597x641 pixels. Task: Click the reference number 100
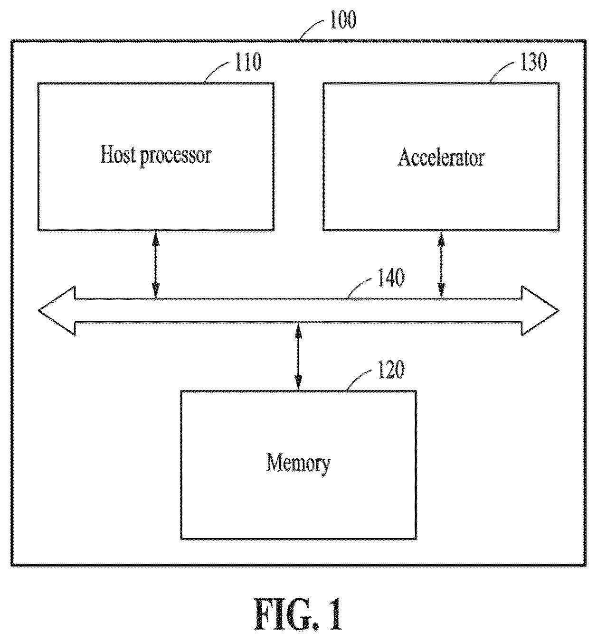coord(343,20)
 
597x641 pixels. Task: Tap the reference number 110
coord(248,62)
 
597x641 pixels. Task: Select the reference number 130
coord(534,62)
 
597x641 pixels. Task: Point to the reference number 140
coord(391,278)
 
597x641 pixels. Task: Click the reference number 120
coord(391,370)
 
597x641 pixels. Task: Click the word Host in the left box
coord(118,154)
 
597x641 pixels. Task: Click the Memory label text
coord(298,464)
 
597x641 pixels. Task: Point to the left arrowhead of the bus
coord(57,311)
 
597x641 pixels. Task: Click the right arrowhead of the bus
coord(540,311)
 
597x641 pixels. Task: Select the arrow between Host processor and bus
coord(156,265)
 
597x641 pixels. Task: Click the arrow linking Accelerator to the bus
coord(441,265)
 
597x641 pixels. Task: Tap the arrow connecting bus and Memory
coord(298,356)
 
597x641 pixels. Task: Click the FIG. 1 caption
coord(298,614)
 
